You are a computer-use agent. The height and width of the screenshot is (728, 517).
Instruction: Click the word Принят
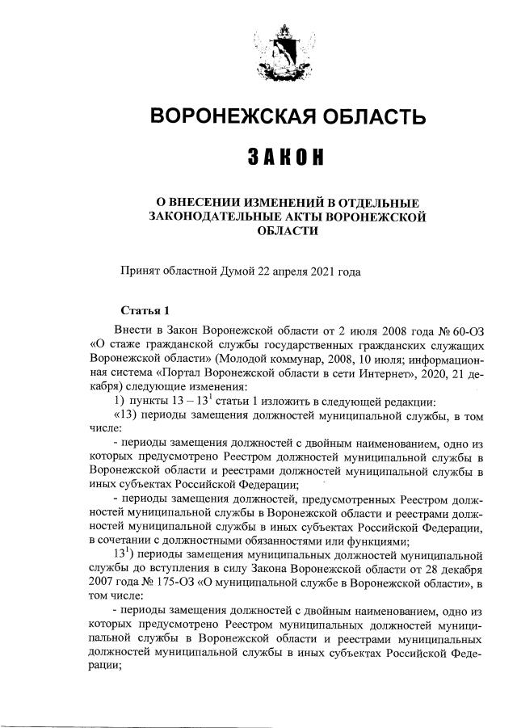[x=138, y=271]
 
